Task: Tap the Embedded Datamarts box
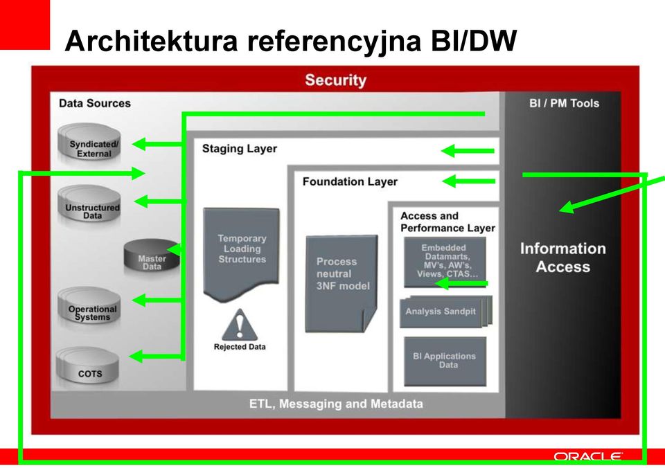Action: pos(445,262)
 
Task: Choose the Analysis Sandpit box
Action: pos(445,312)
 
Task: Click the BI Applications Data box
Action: pos(445,361)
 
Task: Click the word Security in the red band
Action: pos(335,80)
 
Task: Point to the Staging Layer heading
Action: pos(240,149)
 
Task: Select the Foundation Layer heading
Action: pos(350,182)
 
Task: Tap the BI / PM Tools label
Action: pos(564,103)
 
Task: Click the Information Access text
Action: pos(562,258)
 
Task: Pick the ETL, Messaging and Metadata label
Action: pos(336,404)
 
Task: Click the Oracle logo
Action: pos(588,456)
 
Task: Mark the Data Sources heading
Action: pos(95,103)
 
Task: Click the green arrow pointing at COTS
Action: pos(156,356)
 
